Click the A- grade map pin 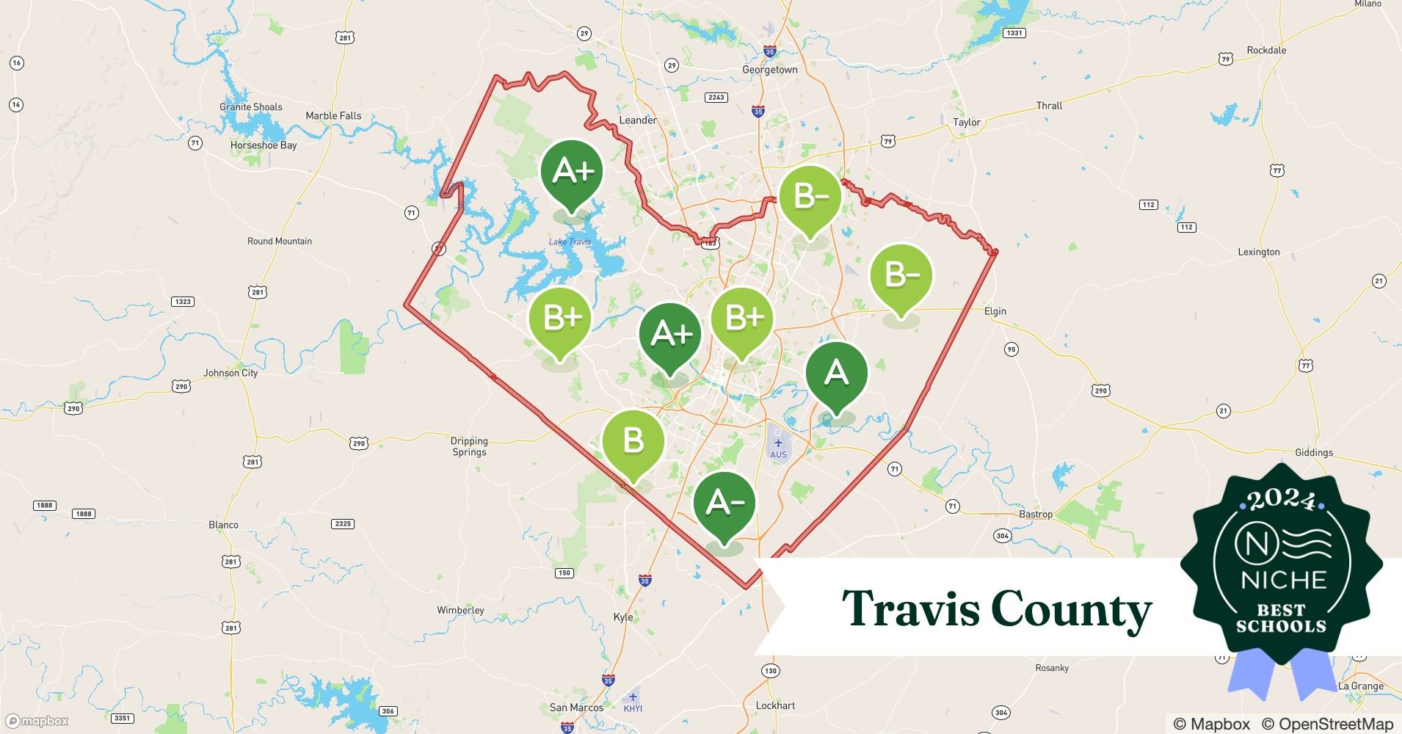coord(724,504)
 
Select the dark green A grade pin coord(836,373)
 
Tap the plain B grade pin coord(633,441)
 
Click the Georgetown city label coord(769,70)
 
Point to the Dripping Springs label coord(469,446)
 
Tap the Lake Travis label coord(570,241)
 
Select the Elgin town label coord(995,311)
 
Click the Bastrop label coord(1035,514)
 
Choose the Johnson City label coord(230,373)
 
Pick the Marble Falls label coord(333,115)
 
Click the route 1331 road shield coord(1014,33)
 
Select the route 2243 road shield coord(716,97)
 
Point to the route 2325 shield coord(343,523)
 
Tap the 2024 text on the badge coord(1282,500)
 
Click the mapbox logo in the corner coord(37,721)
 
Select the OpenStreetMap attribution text coord(1327,724)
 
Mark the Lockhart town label coord(775,705)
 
